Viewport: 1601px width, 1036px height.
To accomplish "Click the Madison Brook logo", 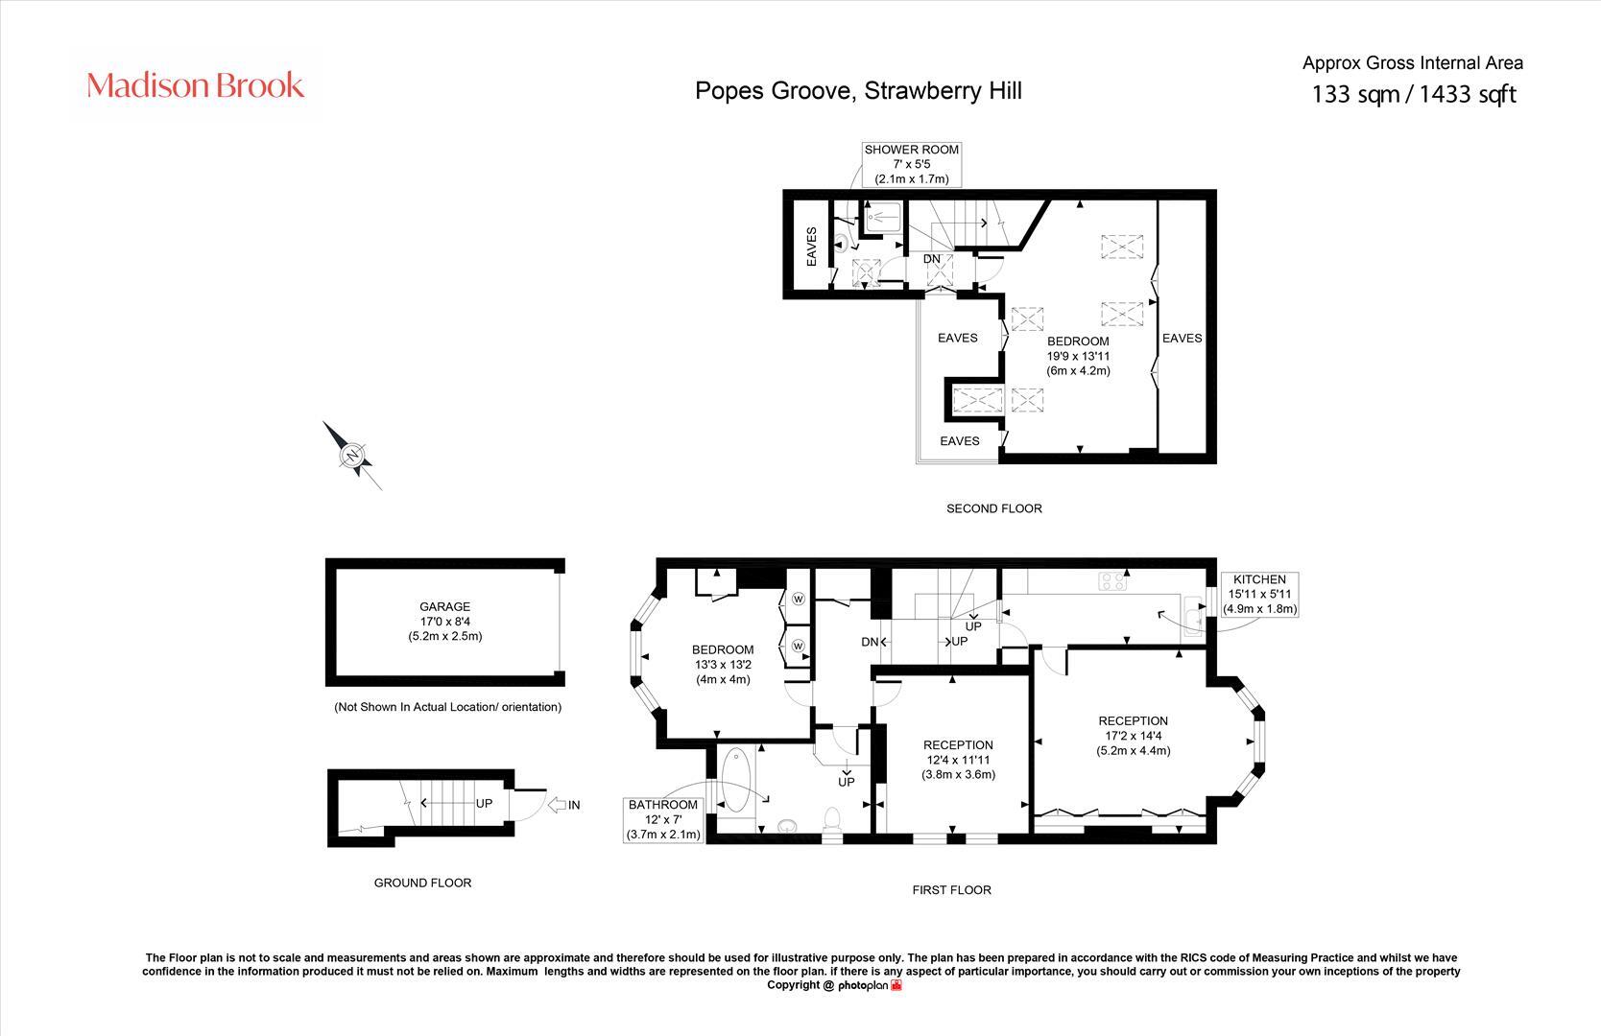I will pos(196,85).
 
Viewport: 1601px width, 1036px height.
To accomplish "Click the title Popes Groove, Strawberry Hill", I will pos(858,90).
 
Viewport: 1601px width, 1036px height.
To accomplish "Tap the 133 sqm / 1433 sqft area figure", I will pos(1413,94).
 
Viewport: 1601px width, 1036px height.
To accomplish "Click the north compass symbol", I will pos(352,455).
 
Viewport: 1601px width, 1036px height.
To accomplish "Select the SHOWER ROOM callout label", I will pos(911,164).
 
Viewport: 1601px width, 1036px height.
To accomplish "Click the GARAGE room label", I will pos(444,621).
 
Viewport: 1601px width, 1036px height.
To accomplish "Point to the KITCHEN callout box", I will pos(1259,594).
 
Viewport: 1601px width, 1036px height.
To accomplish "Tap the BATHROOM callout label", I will pos(663,819).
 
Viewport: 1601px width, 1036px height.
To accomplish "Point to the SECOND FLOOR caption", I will pos(993,508).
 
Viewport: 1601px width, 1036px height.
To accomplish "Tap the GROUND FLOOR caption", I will pos(422,883).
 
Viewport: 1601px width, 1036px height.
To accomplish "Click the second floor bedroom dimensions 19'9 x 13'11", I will pos(1078,356).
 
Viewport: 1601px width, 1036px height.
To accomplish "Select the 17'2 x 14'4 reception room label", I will pos(1133,736).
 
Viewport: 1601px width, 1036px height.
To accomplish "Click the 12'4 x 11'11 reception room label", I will pos(958,760).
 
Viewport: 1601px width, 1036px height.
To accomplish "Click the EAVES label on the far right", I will pos(1182,338).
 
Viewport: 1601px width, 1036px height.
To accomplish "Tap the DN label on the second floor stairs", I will pos(931,259).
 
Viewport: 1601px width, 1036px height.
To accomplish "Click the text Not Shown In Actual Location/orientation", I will pos(447,707).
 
